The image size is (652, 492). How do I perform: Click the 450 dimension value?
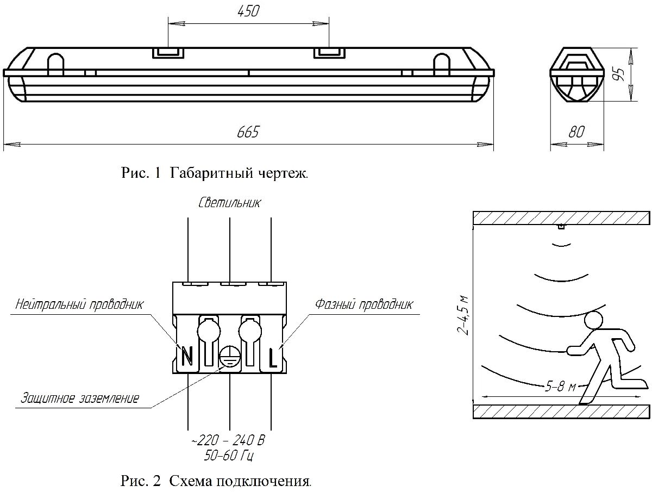click(248, 11)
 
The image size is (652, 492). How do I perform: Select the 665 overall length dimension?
click(248, 132)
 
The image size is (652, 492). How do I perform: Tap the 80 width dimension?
click(576, 132)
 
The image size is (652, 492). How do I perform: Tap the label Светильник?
click(229, 203)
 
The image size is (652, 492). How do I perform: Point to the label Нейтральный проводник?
click(79, 304)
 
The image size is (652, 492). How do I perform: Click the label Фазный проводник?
click(364, 304)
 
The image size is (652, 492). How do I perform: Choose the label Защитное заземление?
click(80, 398)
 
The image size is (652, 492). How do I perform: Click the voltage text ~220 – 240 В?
click(229, 440)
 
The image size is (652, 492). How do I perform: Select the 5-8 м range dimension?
click(560, 387)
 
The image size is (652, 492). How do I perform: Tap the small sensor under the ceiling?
click(561, 227)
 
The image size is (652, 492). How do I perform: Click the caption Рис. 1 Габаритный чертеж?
click(214, 173)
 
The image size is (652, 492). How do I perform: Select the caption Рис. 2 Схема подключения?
click(216, 481)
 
